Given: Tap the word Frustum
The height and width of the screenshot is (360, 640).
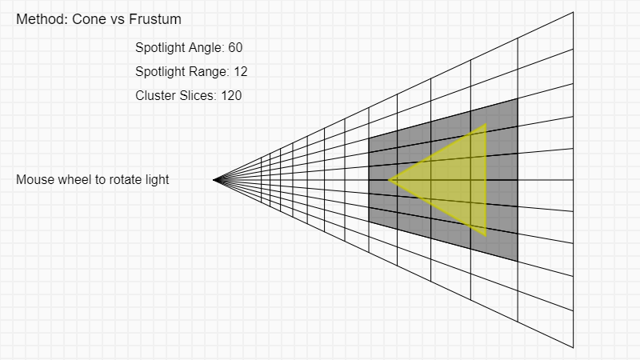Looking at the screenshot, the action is [x=155, y=19].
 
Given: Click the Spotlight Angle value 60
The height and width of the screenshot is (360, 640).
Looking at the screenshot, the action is [x=235, y=47].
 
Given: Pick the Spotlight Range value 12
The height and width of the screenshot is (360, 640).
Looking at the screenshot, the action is [x=241, y=71].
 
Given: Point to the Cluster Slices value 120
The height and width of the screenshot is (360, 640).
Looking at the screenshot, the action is [x=231, y=95].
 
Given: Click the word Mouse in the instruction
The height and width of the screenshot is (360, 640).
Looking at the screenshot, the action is [x=33, y=179].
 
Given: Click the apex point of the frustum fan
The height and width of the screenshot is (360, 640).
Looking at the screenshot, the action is [x=214, y=180].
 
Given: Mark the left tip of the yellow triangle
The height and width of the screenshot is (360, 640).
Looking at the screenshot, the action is [x=389, y=179].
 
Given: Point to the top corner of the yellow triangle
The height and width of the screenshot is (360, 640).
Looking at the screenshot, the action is [x=486, y=124].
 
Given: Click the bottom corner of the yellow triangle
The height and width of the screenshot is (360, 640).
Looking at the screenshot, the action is [x=486, y=235].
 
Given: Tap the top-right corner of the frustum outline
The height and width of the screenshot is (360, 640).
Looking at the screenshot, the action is [x=573, y=12].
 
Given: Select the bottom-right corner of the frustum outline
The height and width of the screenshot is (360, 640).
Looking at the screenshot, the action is [x=573, y=348].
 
